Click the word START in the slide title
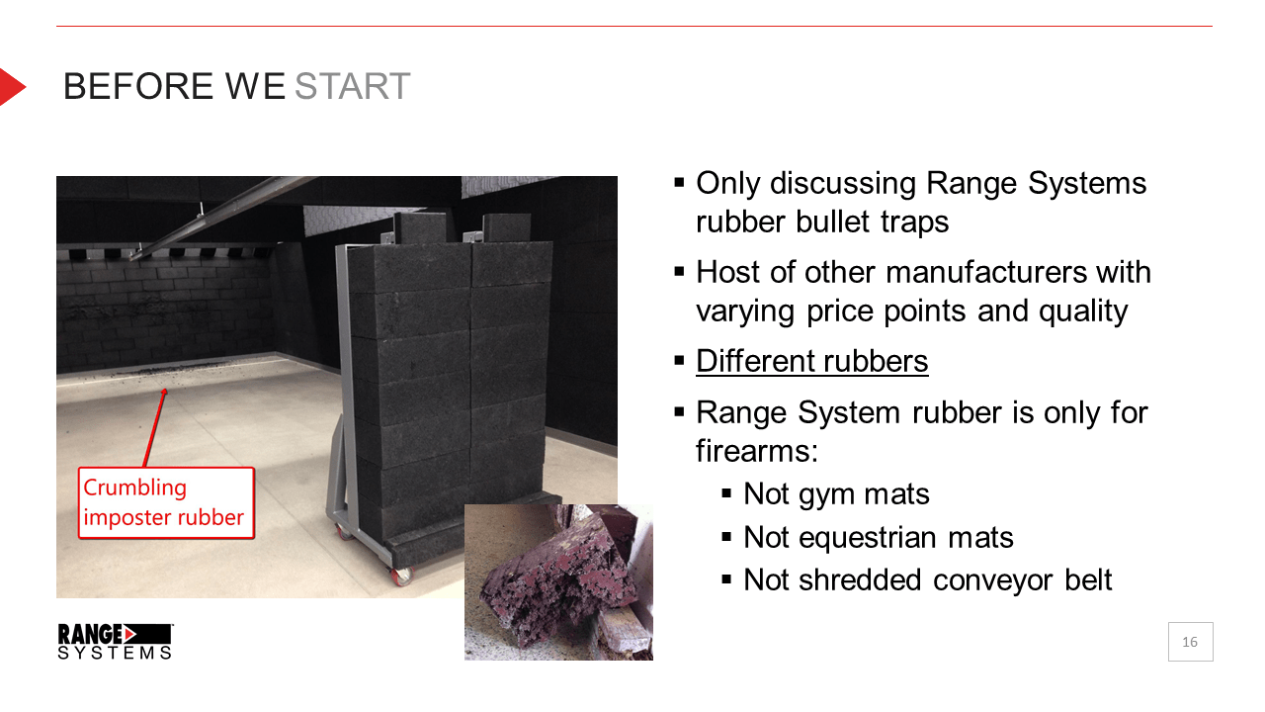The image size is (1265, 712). point(353,86)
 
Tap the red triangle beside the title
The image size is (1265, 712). point(11,87)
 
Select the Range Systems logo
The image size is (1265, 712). point(116,642)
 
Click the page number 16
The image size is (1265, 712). point(1190,642)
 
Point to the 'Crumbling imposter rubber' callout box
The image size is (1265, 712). point(166,502)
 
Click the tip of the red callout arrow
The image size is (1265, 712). point(165,389)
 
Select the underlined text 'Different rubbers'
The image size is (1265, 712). point(811,361)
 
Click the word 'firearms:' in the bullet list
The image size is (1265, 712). point(757,451)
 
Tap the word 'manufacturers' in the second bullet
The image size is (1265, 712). point(986,272)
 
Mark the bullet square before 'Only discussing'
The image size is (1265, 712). point(679,183)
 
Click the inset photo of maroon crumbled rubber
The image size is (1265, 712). point(558,582)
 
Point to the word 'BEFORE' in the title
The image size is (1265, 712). point(138,86)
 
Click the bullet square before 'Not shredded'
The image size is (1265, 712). point(726,579)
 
